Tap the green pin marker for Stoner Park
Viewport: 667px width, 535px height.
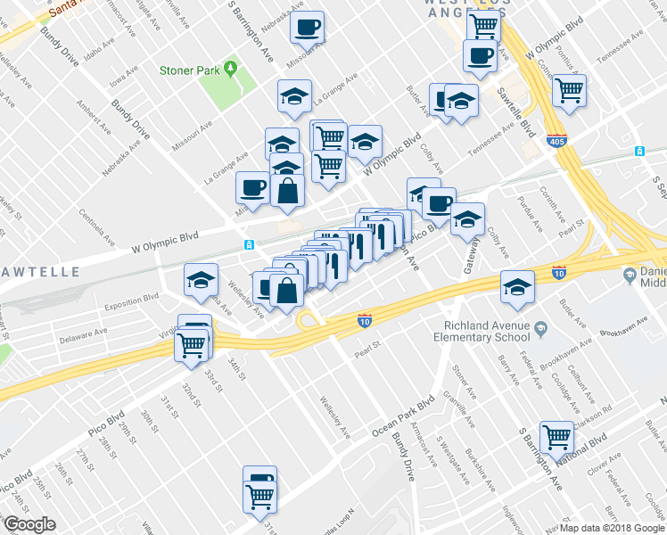(x=230, y=68)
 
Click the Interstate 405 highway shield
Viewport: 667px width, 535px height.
(x=554, y=139)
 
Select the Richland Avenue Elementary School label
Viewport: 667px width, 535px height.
(x=488, y=332)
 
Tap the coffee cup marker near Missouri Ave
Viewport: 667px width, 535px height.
(x=307, y=28)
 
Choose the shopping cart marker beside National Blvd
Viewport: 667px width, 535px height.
(x=557, y=437)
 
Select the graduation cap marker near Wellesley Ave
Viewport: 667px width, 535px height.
(x=201, y=280)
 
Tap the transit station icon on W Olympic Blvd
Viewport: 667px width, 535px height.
(x=249, y=244)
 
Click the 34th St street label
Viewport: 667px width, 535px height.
(x=235, y=368)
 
